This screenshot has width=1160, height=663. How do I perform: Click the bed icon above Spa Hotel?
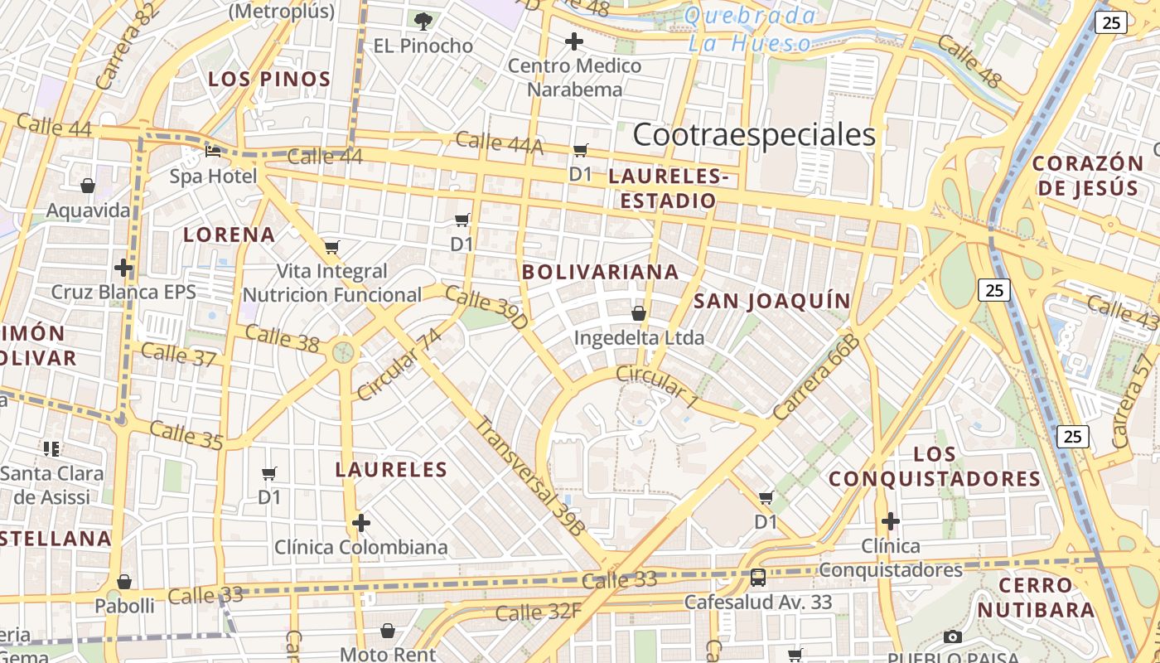point(213,151)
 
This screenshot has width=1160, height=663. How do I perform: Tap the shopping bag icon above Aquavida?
point(88,186)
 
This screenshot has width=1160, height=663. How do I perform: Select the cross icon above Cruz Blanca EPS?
point(123,268)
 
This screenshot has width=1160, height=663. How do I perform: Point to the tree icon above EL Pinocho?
point(423,21)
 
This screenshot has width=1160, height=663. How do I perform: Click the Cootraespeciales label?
point(754,135)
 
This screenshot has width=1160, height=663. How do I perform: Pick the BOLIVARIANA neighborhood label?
point(601,272)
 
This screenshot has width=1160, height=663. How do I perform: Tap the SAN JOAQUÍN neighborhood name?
point(772,301)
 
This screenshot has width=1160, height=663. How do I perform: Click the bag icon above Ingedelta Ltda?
point(639,313)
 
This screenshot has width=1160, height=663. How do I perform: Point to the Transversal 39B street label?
point(530,475)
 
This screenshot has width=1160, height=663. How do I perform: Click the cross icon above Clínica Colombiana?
point(361,523)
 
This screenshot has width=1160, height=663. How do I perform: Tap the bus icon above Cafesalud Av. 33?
point(757,577)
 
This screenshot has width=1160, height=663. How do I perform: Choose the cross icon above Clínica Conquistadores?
point(891,521)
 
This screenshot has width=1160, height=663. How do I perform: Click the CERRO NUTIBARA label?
point(1036,598)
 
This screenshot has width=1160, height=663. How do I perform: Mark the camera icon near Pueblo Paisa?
point(953,636)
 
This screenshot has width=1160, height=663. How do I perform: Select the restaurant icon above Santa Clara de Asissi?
point(51,449)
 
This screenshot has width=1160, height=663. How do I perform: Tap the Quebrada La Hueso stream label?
point(750,29)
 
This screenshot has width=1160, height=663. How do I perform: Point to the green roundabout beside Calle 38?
point(343,352)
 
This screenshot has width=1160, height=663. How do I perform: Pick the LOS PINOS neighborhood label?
point(269,80)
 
